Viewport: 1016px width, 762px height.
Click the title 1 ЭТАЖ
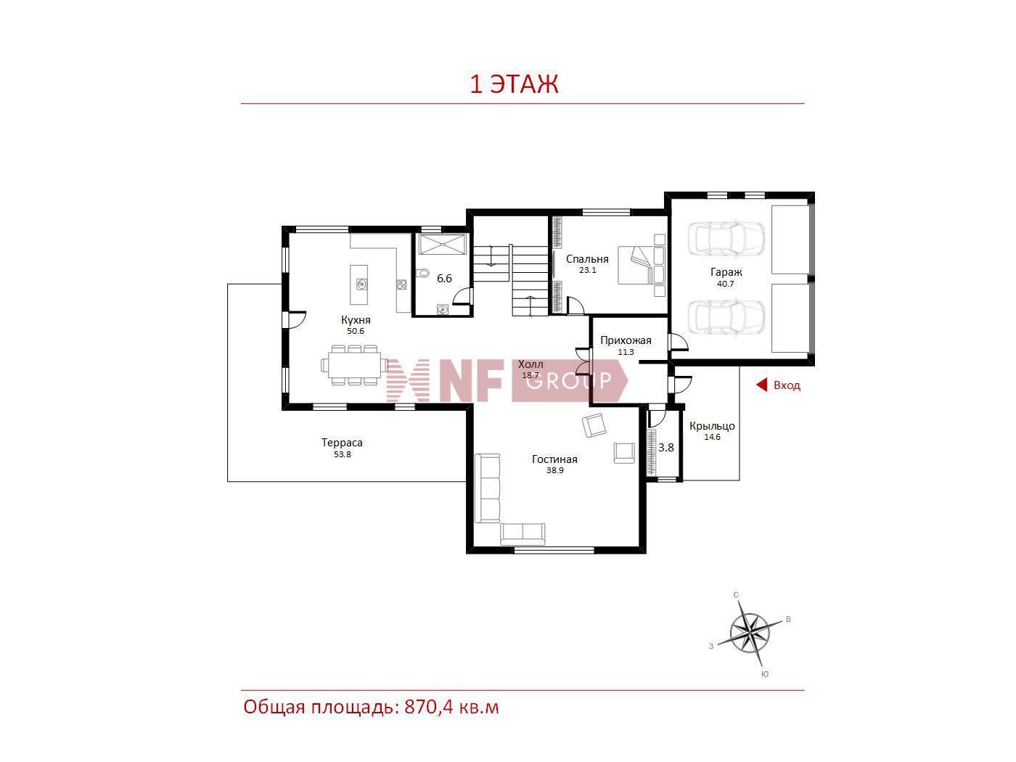point(514,84)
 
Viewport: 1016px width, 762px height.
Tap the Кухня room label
point(356,320)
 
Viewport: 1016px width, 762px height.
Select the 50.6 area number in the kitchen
point(356,331)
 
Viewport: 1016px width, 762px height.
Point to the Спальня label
point(587,259)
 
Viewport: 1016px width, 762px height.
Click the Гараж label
point(726,273)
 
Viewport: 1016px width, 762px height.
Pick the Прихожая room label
point(626,340)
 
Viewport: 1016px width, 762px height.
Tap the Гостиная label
point(554,459)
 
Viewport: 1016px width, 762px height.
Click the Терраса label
point(342,443)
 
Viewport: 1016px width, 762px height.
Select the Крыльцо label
point(712,426)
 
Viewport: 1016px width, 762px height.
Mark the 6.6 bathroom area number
point(444,279)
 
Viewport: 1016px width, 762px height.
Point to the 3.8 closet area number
point(666,447)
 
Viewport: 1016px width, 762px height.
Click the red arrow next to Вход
point(761,385)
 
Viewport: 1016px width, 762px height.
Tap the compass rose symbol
point(750,633)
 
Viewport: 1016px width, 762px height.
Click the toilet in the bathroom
point(422,274)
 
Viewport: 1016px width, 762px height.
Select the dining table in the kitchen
point(355,365)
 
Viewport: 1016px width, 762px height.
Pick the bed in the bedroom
point(642,265)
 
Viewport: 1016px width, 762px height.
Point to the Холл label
point(530,364)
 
